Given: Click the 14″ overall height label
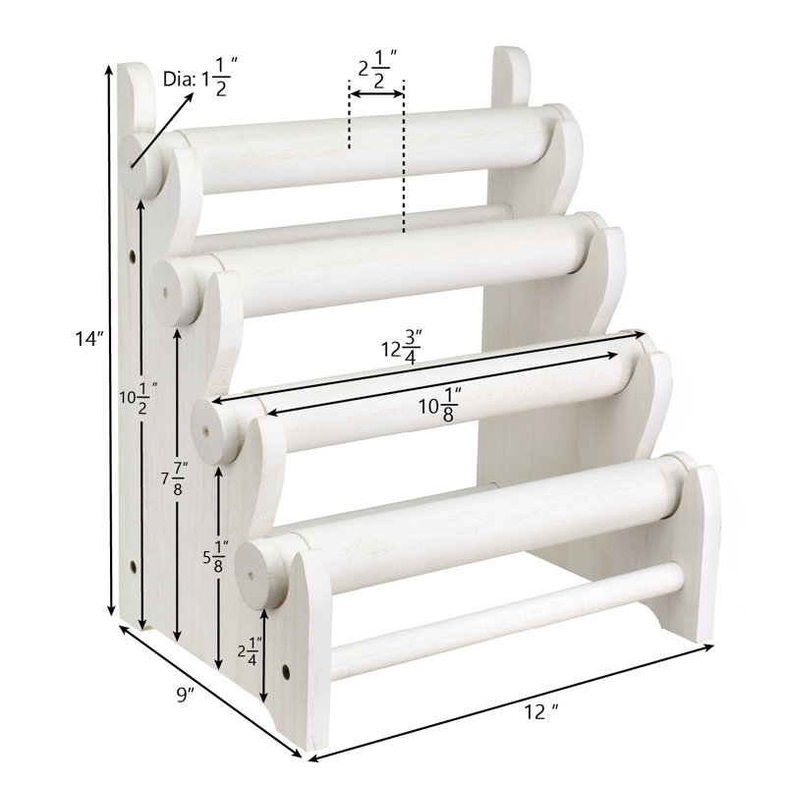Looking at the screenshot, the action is [89, 339].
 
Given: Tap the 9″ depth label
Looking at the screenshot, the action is [186, 695].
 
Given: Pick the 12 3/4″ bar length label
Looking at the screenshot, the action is [402, 347].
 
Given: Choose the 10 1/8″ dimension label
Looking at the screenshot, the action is [440, 405].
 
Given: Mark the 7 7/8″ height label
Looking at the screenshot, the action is [175, 478].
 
